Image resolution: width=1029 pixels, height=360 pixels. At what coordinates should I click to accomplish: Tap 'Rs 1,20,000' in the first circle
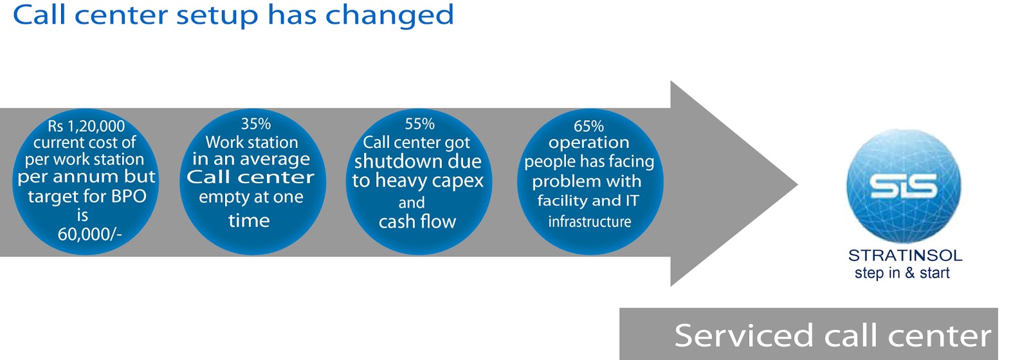(x=86, y=126)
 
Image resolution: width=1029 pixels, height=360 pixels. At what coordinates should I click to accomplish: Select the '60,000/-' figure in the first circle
(x=89, y=234)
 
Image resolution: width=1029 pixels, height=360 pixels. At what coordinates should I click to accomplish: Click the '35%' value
(x=255, y=123)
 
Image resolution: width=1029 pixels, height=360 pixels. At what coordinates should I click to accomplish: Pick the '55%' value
(x=419, y=123)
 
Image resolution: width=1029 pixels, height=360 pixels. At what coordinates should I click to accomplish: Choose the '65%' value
(x=588, y=126)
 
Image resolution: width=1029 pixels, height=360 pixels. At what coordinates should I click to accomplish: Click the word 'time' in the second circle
(x=249, y=221)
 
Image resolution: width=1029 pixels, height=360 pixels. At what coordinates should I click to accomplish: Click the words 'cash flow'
(x=417, y=222)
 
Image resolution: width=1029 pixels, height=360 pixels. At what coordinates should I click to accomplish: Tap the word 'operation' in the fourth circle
(x=588, y=143)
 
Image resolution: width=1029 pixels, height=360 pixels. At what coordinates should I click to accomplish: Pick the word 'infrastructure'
(x=589, y=222)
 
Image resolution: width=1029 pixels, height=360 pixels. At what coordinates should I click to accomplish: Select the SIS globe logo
(x=904, y=186)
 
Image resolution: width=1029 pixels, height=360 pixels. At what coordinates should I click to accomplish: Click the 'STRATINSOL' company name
(x=905, y=255)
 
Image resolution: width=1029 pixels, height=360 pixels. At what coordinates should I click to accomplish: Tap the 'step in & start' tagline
(x=902, y=273)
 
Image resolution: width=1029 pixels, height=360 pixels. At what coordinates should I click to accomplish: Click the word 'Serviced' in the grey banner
(x=743, y=336)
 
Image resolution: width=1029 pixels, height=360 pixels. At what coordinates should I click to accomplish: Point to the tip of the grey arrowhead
(x=796, y=184)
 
